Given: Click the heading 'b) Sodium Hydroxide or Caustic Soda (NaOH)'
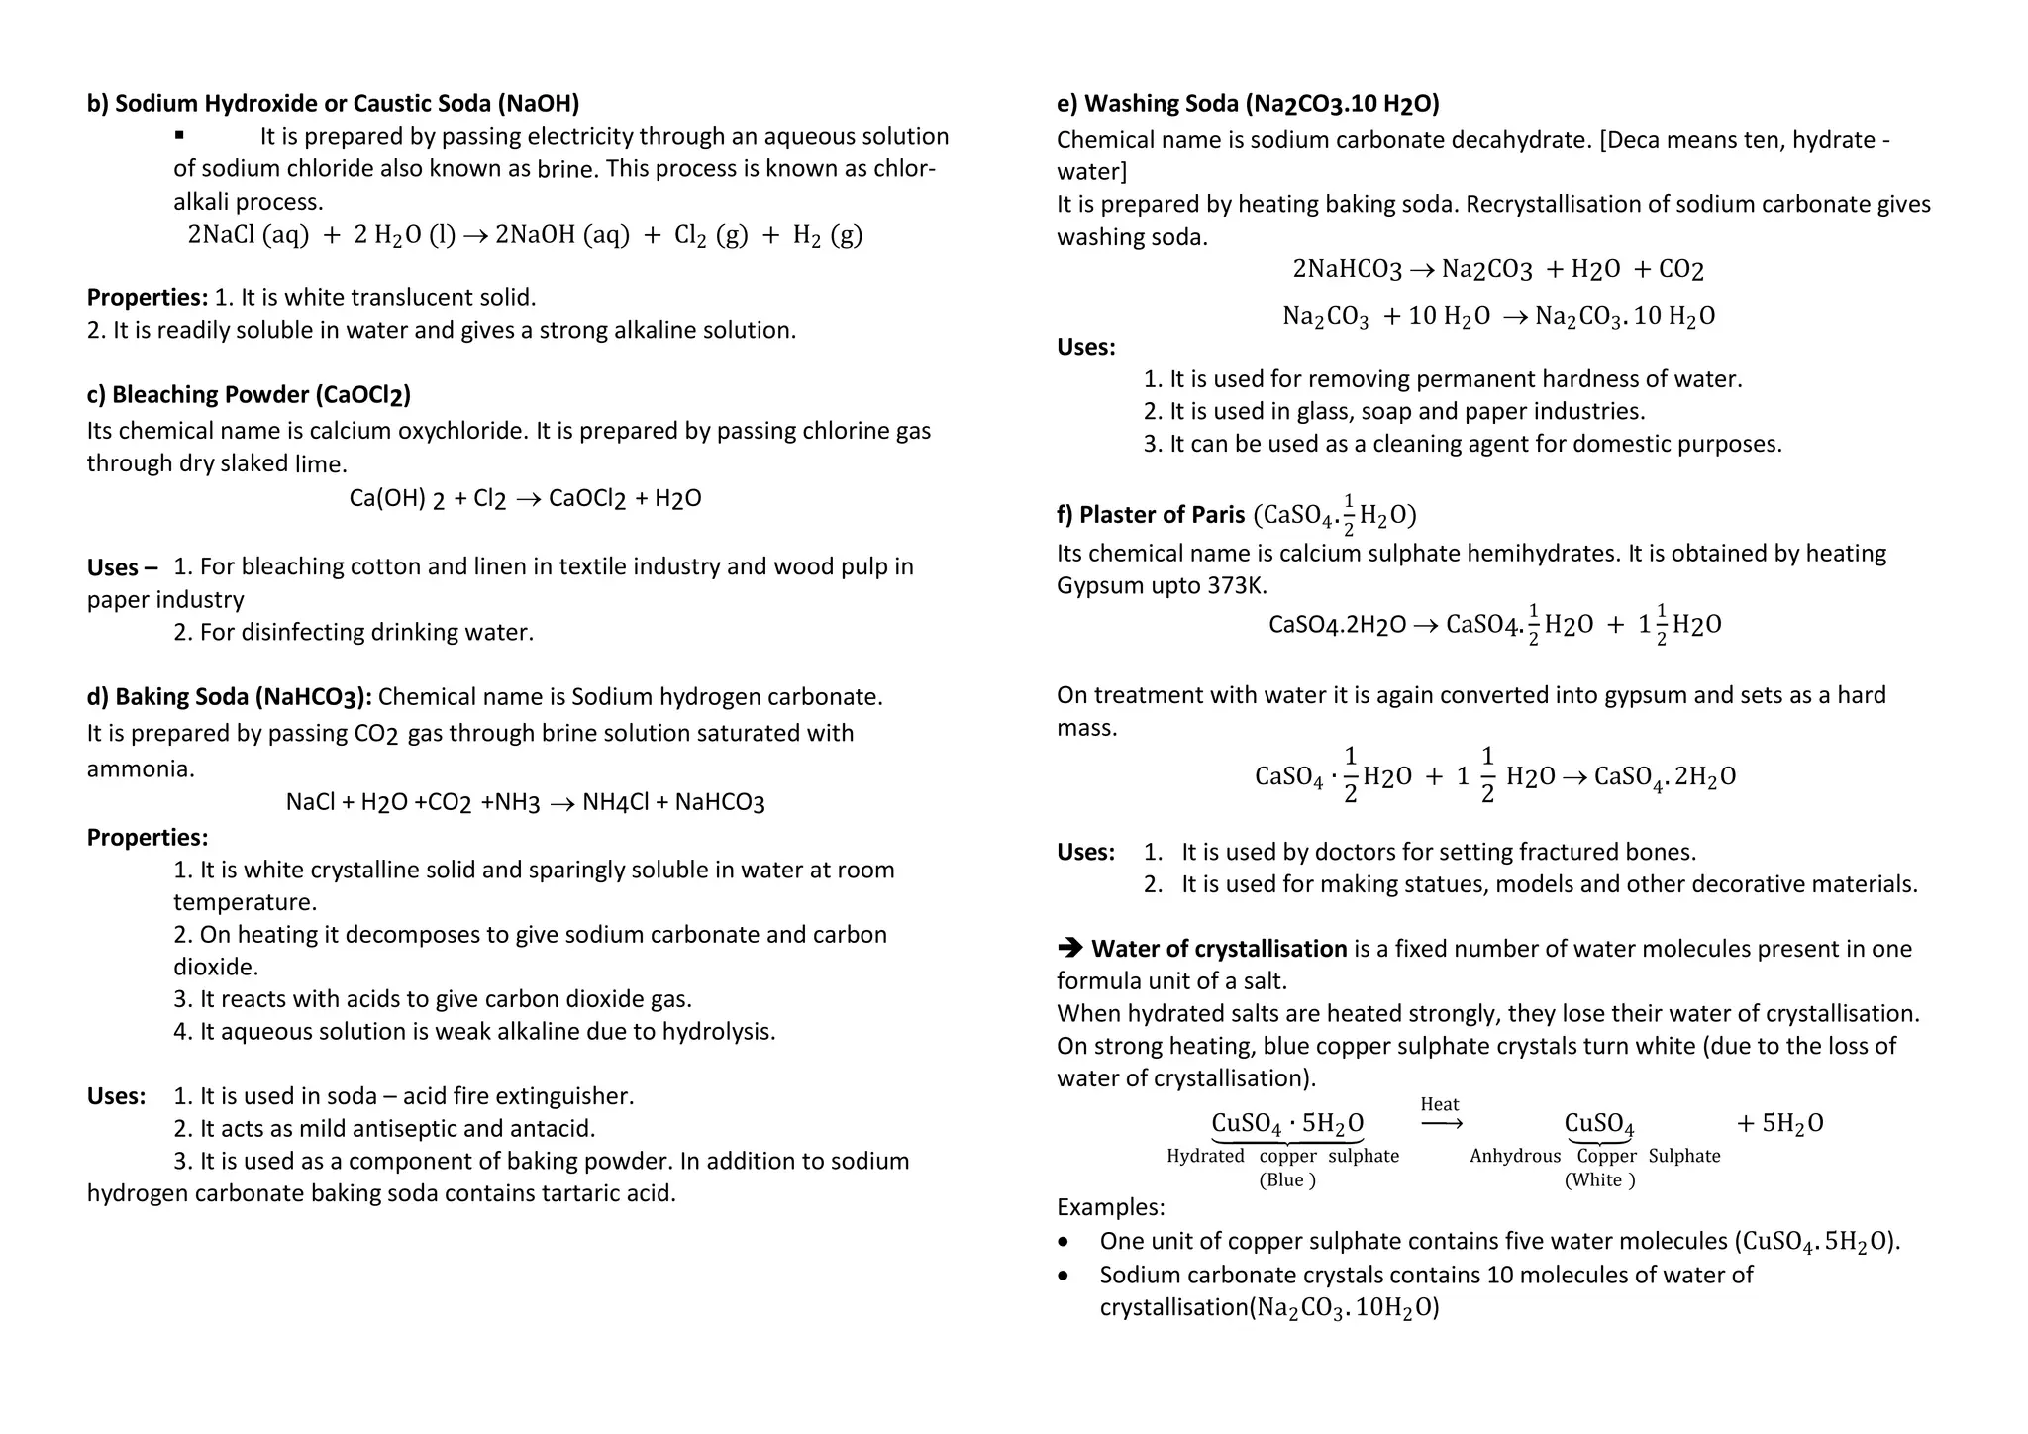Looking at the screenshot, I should coord(333,104).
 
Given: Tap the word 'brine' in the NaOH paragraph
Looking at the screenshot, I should coord(566,169).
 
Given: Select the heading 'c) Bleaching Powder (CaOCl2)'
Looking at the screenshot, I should coord(249,395).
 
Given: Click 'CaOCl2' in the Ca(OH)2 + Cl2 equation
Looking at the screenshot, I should coord(586,499).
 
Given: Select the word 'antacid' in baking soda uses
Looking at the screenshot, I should coord(558,1129).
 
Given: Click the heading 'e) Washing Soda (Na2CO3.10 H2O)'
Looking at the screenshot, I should coord(1248,104).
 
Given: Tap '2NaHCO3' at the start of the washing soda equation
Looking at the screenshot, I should coord(1347,269).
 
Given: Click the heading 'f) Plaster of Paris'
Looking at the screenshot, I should coord(1151,515).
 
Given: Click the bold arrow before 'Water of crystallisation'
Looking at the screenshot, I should coord(1069,948).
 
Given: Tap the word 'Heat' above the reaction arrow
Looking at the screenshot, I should coord(1439,1104).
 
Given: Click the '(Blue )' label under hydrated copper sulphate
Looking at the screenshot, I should coord(1286,1180).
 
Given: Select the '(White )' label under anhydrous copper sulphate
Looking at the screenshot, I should coord(1599,1180).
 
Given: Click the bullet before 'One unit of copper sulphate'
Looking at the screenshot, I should coord(1064,1242).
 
